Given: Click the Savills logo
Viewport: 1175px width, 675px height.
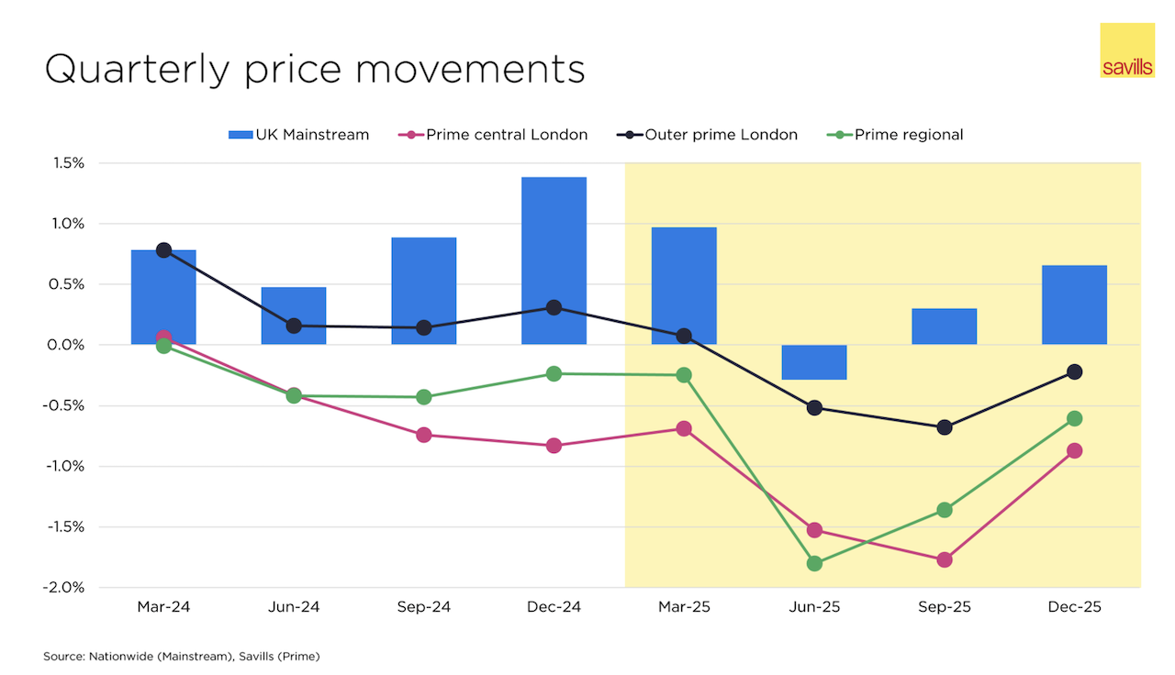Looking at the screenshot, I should [x=1126, y=50].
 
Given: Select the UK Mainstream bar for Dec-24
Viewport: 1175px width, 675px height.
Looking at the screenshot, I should [x=554, y=260].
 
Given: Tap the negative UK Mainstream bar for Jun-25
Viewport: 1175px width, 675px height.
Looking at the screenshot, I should [x=814, y=362].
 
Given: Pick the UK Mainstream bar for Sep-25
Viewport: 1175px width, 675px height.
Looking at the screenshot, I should [x=944, y=326].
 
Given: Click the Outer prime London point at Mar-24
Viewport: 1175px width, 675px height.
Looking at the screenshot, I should [x=163, y=250].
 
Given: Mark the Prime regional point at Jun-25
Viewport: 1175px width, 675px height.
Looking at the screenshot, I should [x=814, y=563].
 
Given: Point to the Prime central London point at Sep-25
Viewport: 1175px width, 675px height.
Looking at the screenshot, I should [x=945, y=559].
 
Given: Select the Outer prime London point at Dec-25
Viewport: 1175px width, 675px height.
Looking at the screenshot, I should [x=1074, y=371].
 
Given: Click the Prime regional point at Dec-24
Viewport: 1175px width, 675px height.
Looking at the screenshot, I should [x=554, y=373].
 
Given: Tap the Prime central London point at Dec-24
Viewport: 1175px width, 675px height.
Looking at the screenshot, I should [x=554, y=446].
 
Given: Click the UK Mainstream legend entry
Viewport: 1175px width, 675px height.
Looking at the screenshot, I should [x=299, y=135].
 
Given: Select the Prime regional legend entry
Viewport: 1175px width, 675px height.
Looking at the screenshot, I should [x=897, y=135].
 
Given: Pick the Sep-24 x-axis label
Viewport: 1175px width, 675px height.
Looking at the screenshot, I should [x=423, y=607].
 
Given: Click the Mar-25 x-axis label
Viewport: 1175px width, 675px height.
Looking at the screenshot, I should [x=684, y=607].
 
